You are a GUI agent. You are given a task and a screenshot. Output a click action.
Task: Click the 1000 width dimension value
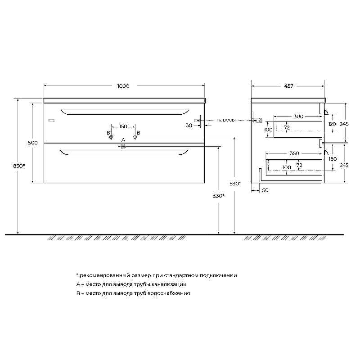click(123, 86)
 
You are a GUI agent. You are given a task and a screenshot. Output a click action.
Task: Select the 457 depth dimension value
click(288, 86)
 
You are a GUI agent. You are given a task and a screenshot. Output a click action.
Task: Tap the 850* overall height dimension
click(19, 166)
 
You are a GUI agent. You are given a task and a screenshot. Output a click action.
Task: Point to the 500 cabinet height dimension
click(33, 143)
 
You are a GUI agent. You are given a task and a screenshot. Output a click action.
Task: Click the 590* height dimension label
click(235, 184)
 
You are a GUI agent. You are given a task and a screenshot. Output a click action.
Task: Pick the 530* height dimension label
click(219, 196)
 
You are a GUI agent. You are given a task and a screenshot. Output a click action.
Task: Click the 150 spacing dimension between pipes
click(123, 126)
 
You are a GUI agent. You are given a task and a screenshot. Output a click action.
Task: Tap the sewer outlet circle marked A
click(123, 147)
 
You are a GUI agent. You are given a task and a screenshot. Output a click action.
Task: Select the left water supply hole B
click(111, 137)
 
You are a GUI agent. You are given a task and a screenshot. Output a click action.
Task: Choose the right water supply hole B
click(135, 137)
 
